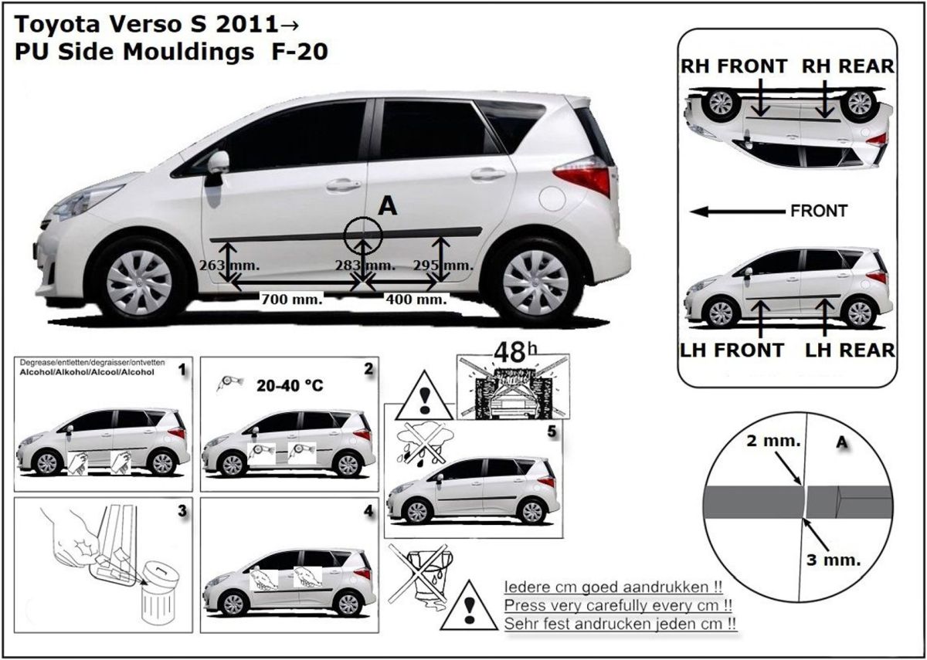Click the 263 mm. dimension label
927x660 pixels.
(229, 265)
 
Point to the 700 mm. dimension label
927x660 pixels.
(292, 299)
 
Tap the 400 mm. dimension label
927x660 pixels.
(416, 299)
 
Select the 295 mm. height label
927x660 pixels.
(443, 265)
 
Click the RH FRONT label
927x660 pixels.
(734, 66)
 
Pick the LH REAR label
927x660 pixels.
(850, 350)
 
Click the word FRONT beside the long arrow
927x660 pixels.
(819, 212)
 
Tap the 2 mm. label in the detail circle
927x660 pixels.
(773, 441)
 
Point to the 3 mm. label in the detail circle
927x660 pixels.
(834, 560)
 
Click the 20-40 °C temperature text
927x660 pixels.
(290, 385)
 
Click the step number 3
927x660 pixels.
(182, 511)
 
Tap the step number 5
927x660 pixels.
(552, 432)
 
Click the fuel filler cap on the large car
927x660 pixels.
(552, 199)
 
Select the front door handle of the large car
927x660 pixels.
(343, 184)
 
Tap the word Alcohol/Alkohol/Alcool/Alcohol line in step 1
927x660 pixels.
(87, 372)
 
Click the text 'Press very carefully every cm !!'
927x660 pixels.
(618, 605)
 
